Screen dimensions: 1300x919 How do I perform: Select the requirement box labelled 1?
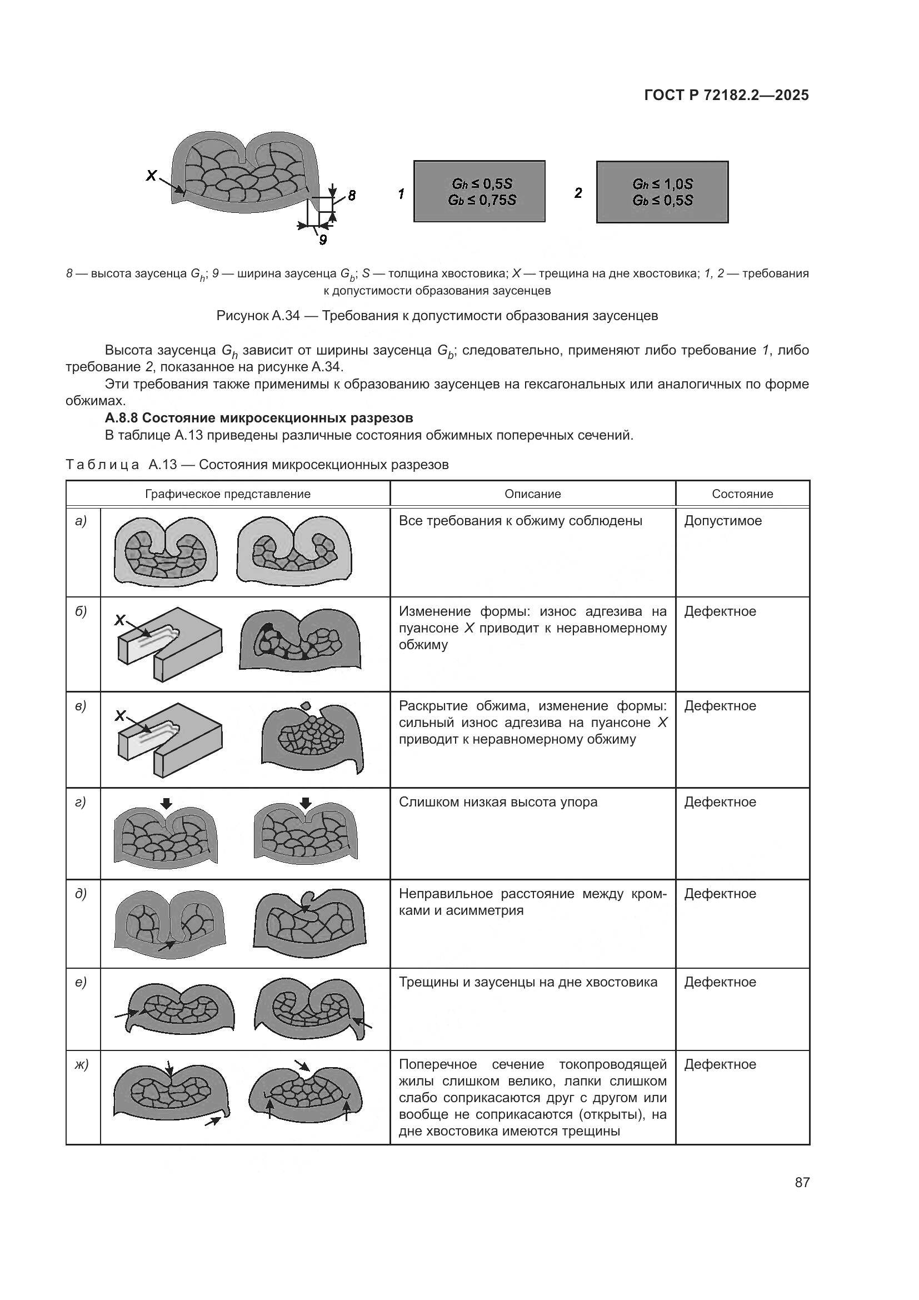pos(480,191)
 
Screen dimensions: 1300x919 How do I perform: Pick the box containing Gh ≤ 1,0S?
pos(662,192)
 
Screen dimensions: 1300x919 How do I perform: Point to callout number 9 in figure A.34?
pos(323,240)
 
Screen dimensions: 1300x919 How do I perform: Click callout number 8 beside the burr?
pos(351,196)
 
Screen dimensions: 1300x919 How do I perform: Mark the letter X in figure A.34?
pos(151,176)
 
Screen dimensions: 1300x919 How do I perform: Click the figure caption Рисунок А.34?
pos(437,316)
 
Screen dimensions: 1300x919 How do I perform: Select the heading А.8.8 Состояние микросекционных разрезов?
pos(258,418)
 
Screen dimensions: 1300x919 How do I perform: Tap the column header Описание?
pos(532,494)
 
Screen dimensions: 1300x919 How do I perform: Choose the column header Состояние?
pos(742,494)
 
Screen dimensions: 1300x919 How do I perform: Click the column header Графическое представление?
pos(227,494)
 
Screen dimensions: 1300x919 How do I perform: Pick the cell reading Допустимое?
pos(723,521)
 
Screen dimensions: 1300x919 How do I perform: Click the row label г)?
pos(81,803)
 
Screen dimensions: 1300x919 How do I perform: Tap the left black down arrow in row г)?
pos(166,804)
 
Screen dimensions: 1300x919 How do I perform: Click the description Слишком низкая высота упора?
pos(497,803)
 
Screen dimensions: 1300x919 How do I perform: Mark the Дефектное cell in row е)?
pos(720,982)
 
